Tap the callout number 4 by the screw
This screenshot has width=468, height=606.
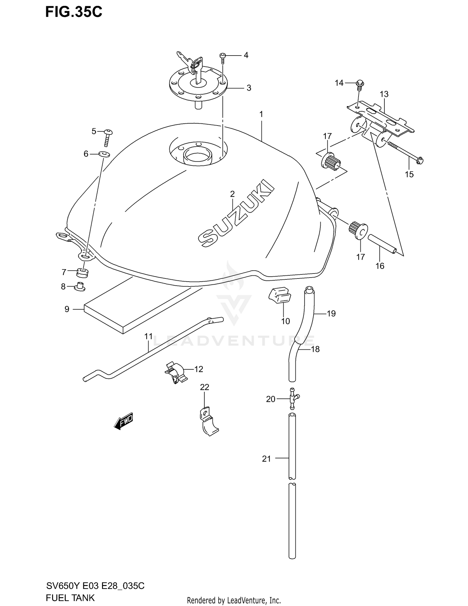click(246, 55)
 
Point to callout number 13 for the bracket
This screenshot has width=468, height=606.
click(384, 94)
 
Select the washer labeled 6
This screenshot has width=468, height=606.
click(104, 154)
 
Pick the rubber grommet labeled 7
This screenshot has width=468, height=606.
click(82, 273)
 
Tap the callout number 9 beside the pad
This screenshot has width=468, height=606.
click(67, 309)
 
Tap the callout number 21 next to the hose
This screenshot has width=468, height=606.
click(266, 459)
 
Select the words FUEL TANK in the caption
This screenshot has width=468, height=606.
click(70, 598)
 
